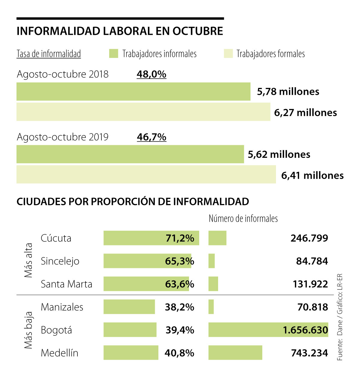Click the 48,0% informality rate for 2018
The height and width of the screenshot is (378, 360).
(151, 74)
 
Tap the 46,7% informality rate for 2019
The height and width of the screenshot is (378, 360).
(151, 137)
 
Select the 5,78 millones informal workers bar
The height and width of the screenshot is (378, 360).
(133, 91)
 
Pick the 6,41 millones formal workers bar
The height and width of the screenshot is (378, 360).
(146, 174)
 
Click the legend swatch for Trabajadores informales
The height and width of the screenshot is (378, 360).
(114, 54)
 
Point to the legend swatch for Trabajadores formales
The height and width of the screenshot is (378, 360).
(228, 54)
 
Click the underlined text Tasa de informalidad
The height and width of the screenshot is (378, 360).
(49, 54)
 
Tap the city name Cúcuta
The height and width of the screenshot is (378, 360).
(56, 238)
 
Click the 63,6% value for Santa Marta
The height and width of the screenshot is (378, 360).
(179, 284)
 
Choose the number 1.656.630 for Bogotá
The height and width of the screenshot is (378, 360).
(305, 330)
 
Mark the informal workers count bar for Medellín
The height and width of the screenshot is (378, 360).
(235, 352)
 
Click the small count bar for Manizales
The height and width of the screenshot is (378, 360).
(211, 307)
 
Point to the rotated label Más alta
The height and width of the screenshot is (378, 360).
(28, 260)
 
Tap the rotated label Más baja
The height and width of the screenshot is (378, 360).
(28, 330)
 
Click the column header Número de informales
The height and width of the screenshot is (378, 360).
(243, 218)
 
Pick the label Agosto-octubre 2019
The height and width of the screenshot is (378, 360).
(62, 137)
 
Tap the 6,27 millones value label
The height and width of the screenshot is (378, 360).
(305, 112)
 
